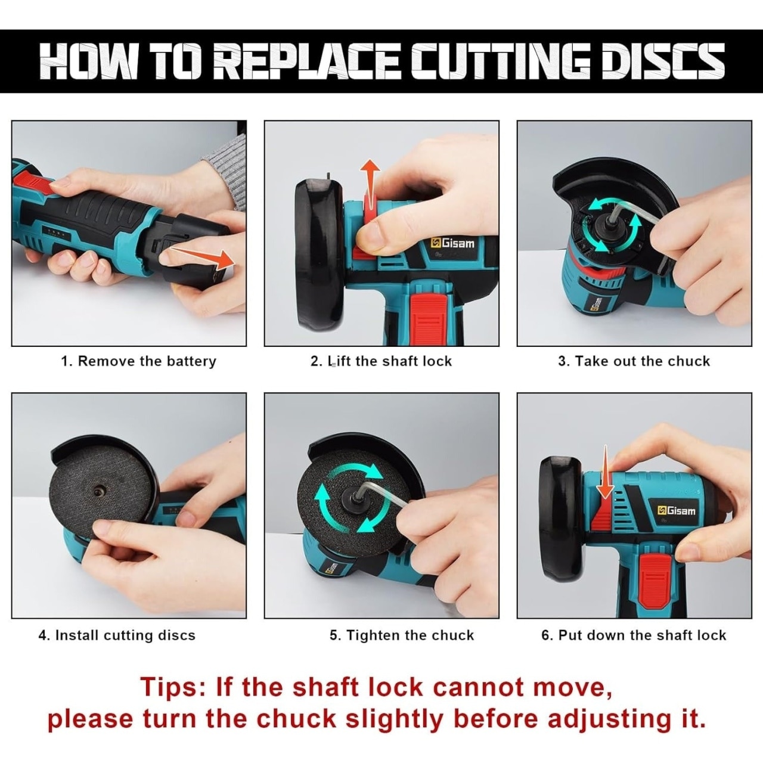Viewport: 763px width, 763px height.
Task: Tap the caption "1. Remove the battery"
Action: [x=139, y=361]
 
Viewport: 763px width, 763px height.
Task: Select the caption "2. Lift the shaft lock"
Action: [x=381, y=361]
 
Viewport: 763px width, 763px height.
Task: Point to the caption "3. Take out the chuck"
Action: [x=634, y=361]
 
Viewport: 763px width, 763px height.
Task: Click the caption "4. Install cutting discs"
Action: [x=117, y=635]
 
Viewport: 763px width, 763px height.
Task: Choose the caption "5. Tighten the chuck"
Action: [x=402, y=635]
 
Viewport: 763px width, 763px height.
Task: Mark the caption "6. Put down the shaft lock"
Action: [x=634, y=635]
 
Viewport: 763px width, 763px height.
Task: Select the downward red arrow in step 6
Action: [x=605, y=471]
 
